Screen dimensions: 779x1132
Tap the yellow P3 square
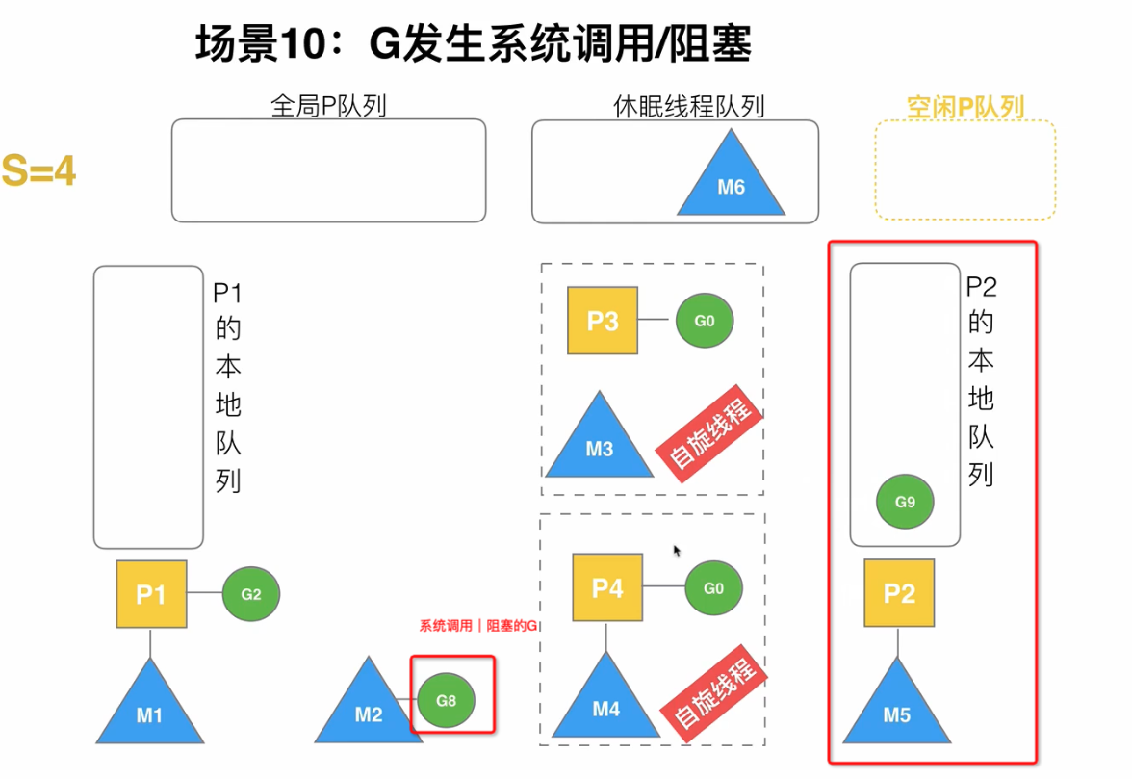603,321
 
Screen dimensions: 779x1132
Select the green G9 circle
905,502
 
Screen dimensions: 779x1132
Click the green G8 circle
446,700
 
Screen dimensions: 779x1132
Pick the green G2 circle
250,594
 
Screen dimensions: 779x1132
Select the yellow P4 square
607,587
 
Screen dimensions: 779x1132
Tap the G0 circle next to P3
705,321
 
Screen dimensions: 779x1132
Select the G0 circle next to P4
713,587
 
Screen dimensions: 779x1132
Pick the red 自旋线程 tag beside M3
709,439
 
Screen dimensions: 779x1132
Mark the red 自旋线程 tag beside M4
713,696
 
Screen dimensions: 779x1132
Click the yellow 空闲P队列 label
965,106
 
